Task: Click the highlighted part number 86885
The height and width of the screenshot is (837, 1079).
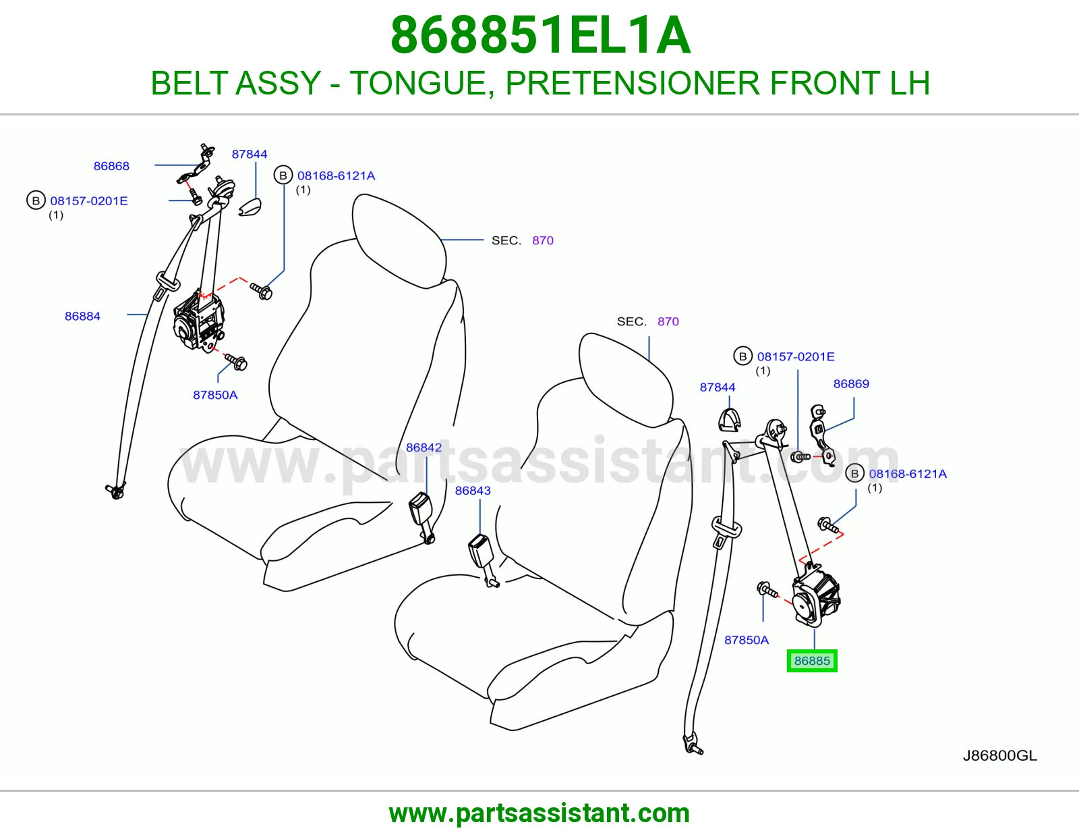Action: [x=812, y=661]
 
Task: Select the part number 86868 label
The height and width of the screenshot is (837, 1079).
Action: [x=111, y=166]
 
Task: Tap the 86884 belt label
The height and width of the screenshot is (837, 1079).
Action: [x=82, y=316]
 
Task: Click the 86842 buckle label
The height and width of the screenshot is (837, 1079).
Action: [x=424, y=448]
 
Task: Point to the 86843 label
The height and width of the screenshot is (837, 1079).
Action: [x=473, y=491]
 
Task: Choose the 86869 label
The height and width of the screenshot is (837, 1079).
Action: [x=851, y=383]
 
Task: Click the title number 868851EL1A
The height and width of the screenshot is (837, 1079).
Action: [x=540, y=35]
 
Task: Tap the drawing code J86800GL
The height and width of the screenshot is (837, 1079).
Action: [x=1000, y=755]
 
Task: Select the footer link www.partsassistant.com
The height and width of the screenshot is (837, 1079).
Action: [x=539, y=813]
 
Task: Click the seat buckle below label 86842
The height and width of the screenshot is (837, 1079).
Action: [x=422, y=518]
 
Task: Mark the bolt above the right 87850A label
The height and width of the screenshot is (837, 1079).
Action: [x=767, y=589]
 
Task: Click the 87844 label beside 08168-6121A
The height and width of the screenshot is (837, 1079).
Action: [x=250, y=154]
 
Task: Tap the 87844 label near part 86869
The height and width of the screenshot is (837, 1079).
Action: [x=718, y=387]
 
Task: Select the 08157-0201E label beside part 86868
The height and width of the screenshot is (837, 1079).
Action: [x=89, y=200]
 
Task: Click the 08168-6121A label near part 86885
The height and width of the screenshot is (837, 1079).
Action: [x=908, y=474]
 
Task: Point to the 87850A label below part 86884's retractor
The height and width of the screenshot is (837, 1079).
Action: [x=215, y=395]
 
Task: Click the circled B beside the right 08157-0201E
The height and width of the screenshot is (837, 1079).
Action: [x=743, y=356]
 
